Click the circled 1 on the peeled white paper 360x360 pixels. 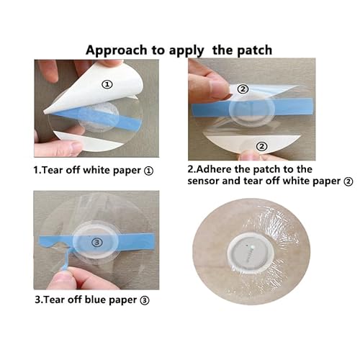pyautogui.click(x=108, y=84)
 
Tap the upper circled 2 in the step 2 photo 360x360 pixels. pyautogui.click(x=244, y=89)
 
